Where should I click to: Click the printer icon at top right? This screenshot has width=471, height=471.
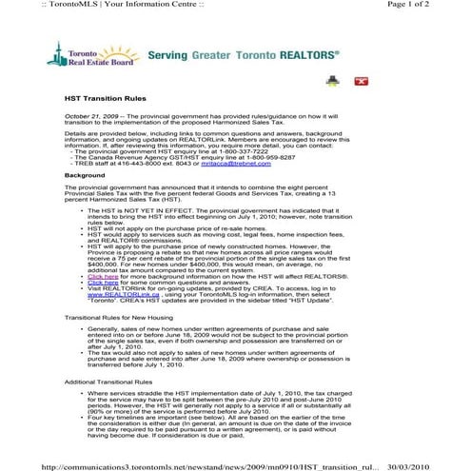(x=332, y=82)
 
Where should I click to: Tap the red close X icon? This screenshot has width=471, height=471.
(x=361, y=82)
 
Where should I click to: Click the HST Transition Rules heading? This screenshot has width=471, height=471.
(x=104, y=99)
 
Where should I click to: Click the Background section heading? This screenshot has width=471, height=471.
(x=85, y=176)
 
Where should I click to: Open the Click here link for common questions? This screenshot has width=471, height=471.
(x=103, y=282)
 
